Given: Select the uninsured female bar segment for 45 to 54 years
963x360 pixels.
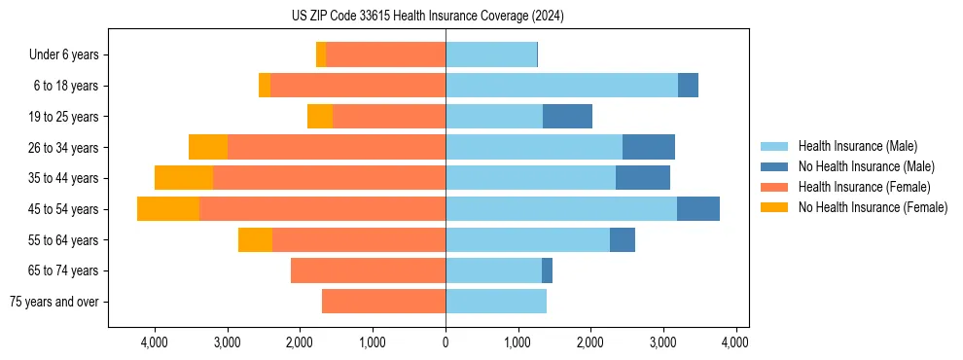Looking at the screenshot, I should [168, 209].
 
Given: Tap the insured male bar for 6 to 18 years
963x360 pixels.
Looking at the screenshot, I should [561, 86].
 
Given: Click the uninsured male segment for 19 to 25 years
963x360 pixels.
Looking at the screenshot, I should [567, 117].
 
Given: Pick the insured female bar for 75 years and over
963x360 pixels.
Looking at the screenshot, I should [383, 302].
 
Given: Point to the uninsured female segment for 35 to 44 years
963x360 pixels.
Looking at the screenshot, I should [184, 178].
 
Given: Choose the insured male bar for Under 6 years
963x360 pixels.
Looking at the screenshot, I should [491, 54].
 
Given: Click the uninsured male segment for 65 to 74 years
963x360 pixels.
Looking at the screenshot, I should [547, 270].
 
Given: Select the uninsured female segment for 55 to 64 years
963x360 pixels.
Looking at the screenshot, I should [255, 240].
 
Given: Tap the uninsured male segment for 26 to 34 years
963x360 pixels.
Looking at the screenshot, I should [649, 148].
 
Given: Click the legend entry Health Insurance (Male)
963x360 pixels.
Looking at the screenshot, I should [857, 146].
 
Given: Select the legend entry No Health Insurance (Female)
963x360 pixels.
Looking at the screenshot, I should [873, 207].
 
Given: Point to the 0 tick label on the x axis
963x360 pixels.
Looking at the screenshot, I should [446, 342].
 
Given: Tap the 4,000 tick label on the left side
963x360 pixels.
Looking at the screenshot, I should [155, 342].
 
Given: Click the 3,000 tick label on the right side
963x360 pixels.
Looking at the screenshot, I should [663, 342].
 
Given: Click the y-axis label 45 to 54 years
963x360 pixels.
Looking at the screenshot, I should [65, 209].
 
